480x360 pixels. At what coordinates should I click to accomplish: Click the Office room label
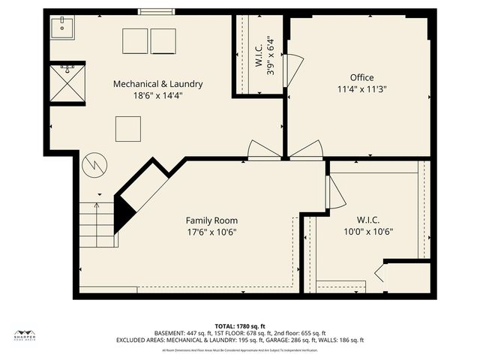click(x=361, y=77)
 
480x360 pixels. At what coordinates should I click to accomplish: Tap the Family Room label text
click(x=211, y=220)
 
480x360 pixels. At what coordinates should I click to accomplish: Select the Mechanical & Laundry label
click(x=157, y=84)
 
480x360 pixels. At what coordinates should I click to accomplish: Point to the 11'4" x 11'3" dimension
click(x=361, y=88)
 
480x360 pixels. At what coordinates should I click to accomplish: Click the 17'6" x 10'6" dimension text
click(x=211, y=232)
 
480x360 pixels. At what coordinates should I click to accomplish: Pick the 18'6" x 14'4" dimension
click(x=157, y=95)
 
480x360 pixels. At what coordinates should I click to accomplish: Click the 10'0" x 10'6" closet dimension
click(x=367, y=232)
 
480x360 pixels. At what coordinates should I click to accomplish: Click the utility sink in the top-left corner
click(x=62, y=28)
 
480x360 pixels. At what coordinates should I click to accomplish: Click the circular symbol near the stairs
click(x=94, y=163)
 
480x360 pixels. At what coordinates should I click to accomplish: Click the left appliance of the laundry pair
click(x=136, y=41)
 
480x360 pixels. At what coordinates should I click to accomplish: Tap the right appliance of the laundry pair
click(x=163, y=41)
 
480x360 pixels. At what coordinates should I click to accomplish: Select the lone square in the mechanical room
click(x=128, y=128)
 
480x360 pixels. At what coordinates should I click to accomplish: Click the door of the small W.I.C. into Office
click(x=293, y=70)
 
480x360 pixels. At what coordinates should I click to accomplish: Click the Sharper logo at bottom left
click(x=25, y=335)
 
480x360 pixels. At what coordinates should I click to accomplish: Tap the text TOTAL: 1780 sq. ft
click(x=240, y=326)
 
